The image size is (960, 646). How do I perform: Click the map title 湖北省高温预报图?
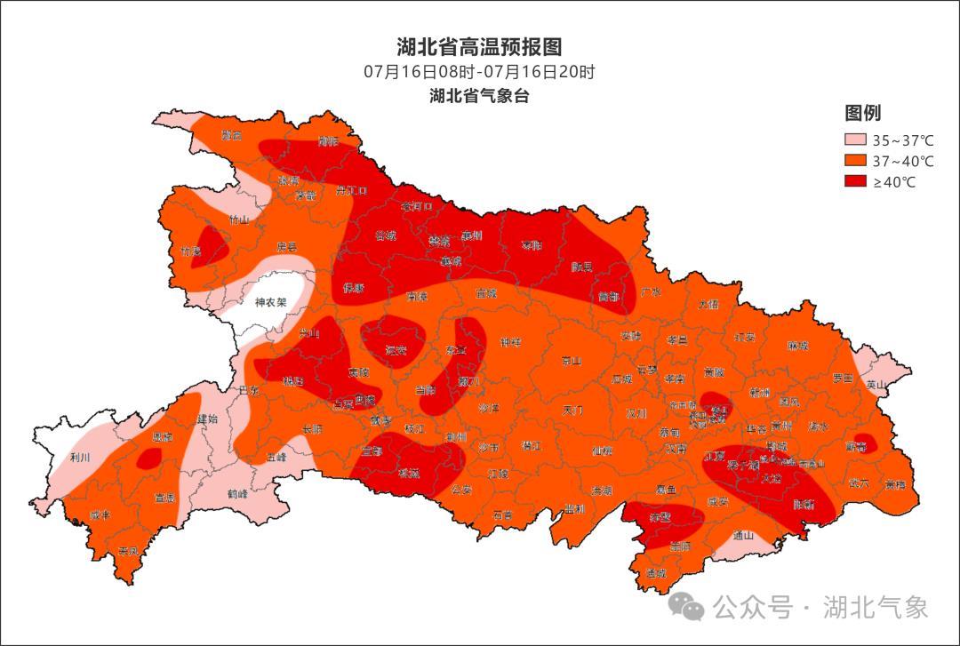pyautogui.click(x=479, y=47)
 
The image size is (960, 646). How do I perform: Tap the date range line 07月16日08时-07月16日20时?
pyautogui.click(x=479, y=72)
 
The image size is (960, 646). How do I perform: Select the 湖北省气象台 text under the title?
pyautogui.click(x=479, y=96)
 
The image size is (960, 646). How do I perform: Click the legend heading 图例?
pyautogui.click(x=862, y=113)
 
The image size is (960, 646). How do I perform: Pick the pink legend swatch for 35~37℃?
pyautogui.click(x=854, y=140)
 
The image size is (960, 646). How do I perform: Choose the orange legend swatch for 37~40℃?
pyautogui.click(x=854, y=161)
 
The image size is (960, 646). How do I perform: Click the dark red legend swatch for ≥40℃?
pyautogui.click(x=854, y=182)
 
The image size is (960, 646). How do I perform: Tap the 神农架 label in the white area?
pyautogui.click(x=270, y=302)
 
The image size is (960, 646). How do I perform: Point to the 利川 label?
pyautogui.click(x=80, y=458)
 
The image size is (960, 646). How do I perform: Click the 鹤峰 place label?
pyautogui.click(x=237, y=493)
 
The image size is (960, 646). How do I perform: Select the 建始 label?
pyautogui.click(x=207, y=419)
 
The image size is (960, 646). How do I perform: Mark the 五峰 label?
pyautogui.click(x=276, y=458)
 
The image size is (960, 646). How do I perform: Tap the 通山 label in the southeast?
pyautogui.click(x=743, y=536)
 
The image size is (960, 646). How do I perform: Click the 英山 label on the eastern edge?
pyautogui.click(x=876, y=385)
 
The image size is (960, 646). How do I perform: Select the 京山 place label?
pyautogui.click(x=571, y=361)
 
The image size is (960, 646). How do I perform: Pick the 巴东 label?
pyautogui.click(x=250, y=390)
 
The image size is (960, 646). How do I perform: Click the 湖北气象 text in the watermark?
pyautogui.click(x=876, y=607)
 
